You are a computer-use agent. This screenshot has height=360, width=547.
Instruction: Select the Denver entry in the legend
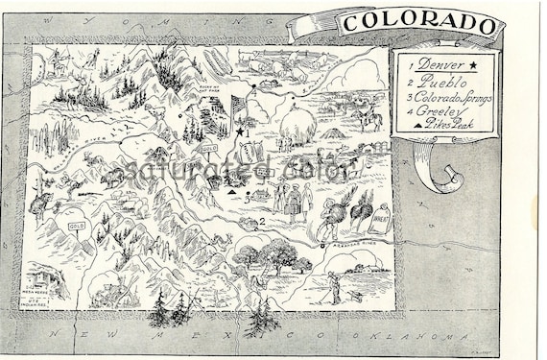(x=433, y=64)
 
